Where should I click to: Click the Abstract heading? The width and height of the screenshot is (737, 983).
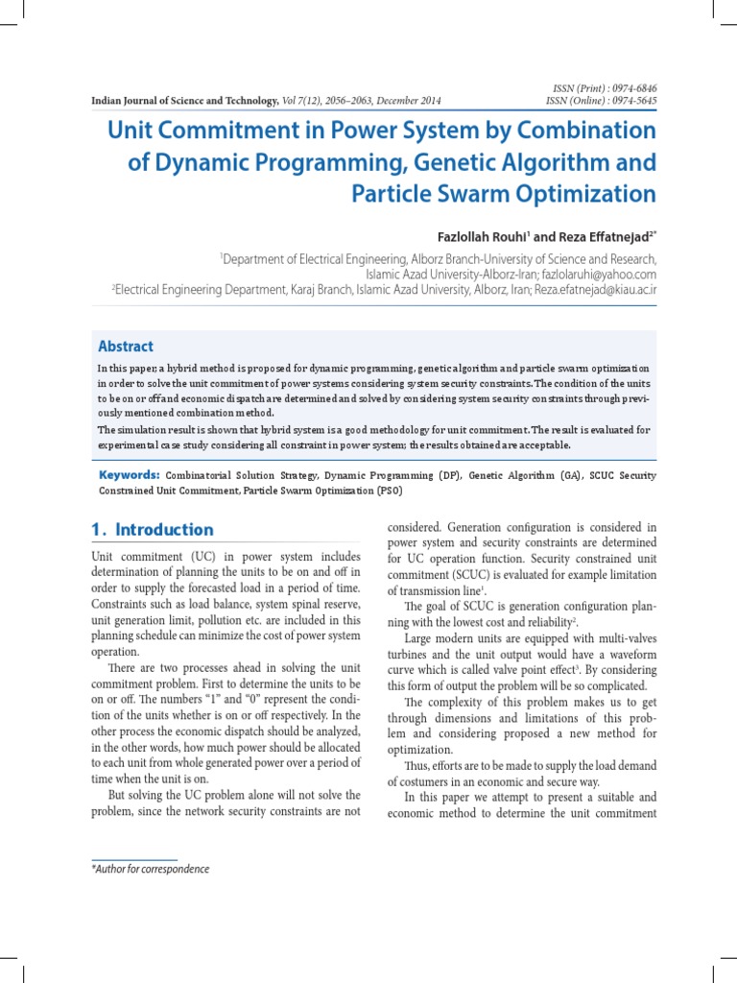[126, 347]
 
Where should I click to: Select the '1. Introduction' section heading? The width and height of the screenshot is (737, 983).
[153, 530]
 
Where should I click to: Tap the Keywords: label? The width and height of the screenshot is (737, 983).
[130, 475]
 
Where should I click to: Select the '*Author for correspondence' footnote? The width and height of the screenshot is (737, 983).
[150, 869]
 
